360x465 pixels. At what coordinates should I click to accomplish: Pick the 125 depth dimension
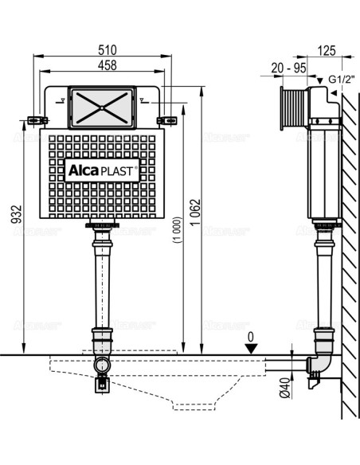[x=325, y=49]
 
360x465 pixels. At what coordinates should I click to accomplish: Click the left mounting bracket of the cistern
[x=33, y=120]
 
